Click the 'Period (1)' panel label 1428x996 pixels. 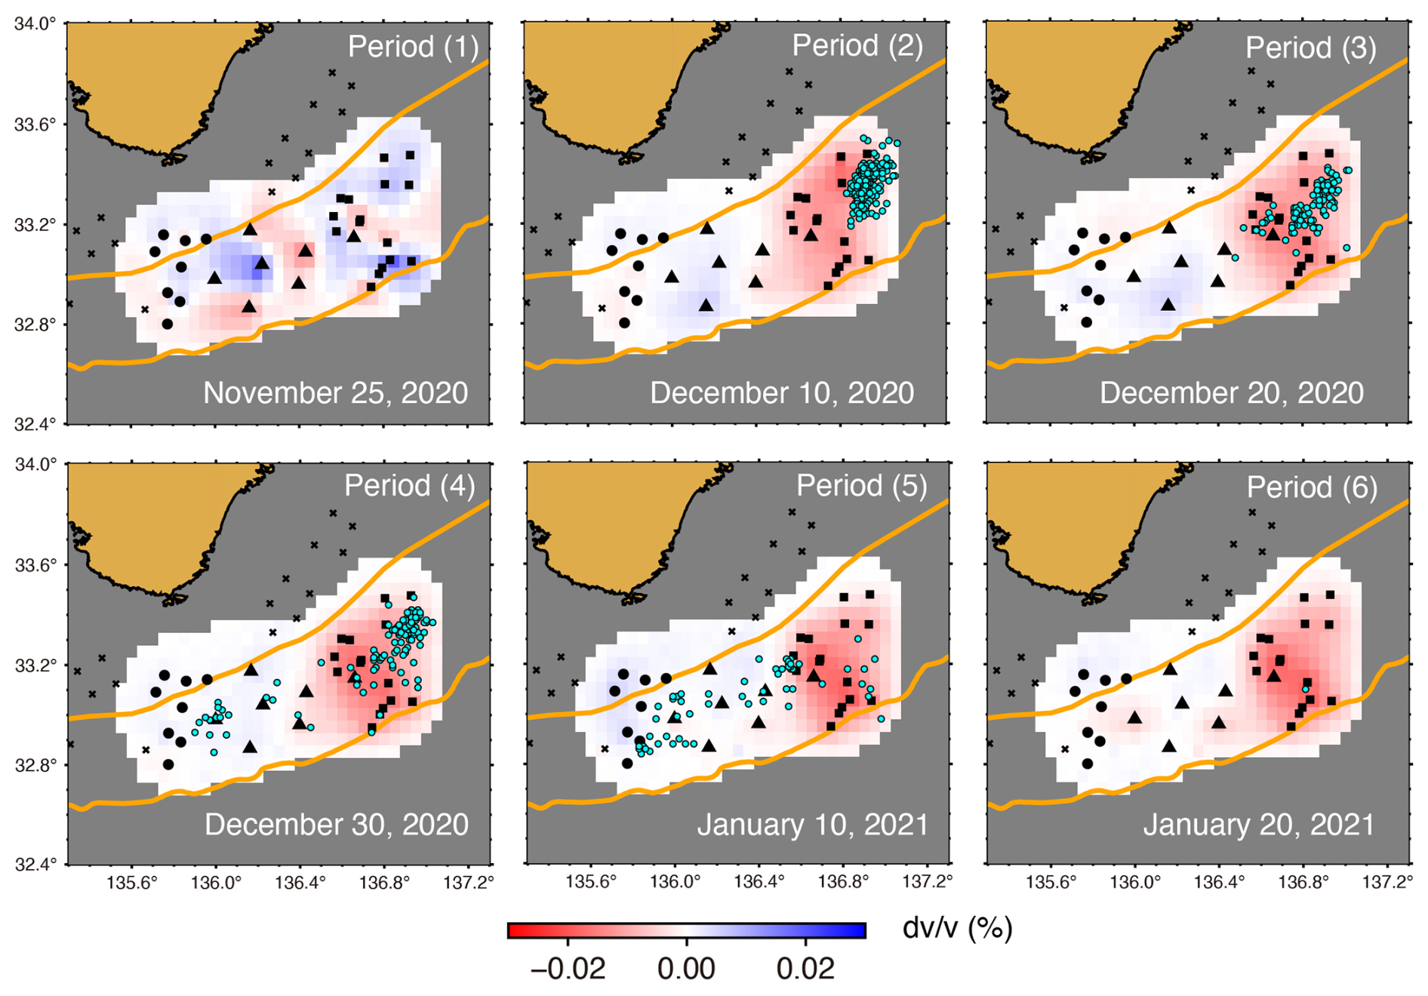(413, 47)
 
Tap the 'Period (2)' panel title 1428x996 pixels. (857, 45)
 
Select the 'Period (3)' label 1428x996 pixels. (1311, 48)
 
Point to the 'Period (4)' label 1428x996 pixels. (410, 485)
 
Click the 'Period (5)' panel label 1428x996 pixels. (862, 485)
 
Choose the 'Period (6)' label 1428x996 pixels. (1312, 487)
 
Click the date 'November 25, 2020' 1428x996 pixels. (336, 393)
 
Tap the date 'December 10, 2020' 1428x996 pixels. (782, 393)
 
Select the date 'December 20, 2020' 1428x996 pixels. (1232, 393)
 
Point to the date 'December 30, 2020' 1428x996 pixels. (337, 825)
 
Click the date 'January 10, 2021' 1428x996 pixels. (813, 825)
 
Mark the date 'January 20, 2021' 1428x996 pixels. (1259, 825)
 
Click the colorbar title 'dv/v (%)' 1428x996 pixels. (957, 928)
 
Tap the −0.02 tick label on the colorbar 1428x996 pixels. (568, 969)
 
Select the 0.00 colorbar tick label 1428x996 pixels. (686, 969)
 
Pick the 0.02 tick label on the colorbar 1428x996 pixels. (805, 969)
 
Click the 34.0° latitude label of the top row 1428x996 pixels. (35, 24)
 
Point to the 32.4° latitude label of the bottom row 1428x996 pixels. (35, 865)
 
